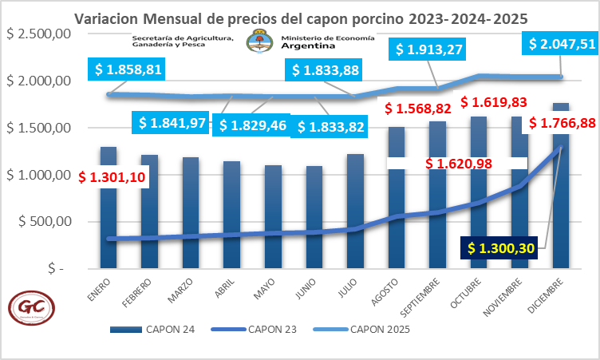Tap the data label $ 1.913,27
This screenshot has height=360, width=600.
click(x=429, y=49)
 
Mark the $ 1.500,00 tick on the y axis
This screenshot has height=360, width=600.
click(x=40, y=129)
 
